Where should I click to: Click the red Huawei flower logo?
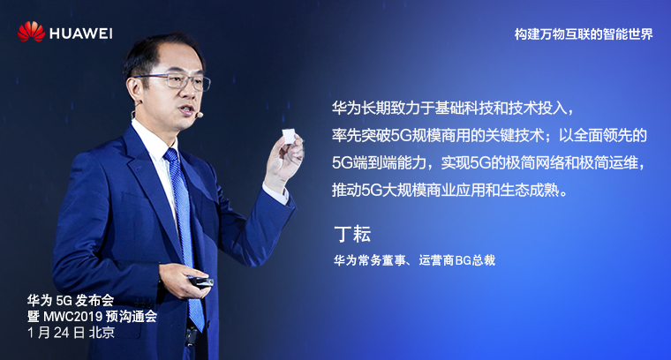tap(31, 32)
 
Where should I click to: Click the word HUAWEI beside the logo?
tap(81, 34)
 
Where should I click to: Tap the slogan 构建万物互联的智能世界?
tap(584, 34)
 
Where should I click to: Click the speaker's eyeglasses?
tap(176, 81)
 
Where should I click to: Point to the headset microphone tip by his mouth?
tap(199, 115)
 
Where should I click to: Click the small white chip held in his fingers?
tap(289, 136)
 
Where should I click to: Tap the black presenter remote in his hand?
tap(201, 281)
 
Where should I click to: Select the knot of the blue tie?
tap(170, 155)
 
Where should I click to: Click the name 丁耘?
tap(352, 234)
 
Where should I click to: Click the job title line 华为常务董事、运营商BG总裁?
tap(414, 260)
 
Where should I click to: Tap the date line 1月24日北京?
tap(71, 333)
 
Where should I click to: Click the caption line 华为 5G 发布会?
tap(70, 301)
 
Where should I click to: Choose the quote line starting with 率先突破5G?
tap(489, 136)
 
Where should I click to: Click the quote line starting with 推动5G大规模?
tap(450, 191)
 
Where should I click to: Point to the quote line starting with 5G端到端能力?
tap(488, 163)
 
